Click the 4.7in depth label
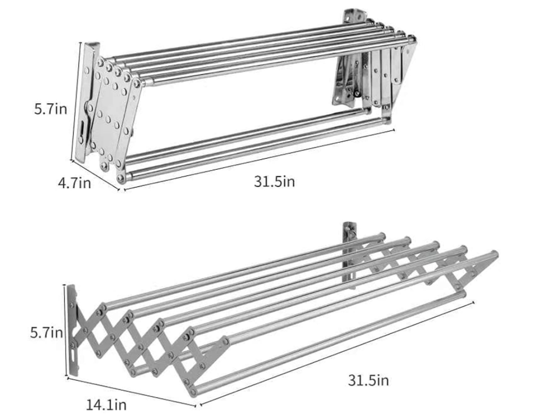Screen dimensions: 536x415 74,183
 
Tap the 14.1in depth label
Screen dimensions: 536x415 106,405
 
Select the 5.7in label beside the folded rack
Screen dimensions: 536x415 50,109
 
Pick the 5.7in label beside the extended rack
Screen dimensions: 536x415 46,332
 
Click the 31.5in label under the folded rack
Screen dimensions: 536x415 274,181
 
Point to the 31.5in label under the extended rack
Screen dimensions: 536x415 368,380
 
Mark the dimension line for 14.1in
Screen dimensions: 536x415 132,392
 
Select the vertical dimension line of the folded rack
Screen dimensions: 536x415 76,101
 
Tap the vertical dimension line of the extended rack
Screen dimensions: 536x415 65,330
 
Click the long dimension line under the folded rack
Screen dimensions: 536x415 259,159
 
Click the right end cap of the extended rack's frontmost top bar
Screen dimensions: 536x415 494,255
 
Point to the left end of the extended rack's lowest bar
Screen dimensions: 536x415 194,391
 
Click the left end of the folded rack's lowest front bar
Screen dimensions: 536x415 121,178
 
